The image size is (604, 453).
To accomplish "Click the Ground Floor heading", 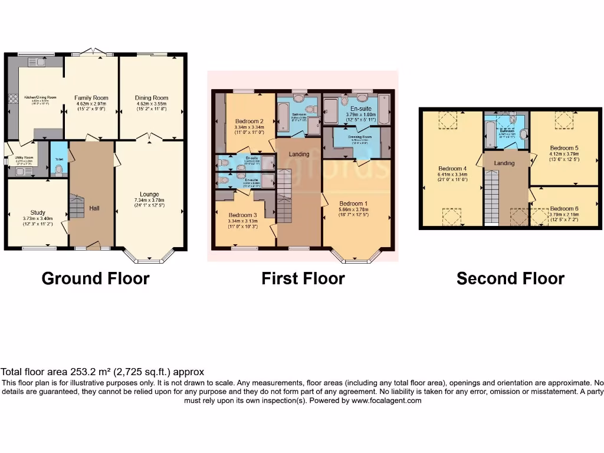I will click(x=96, y=278).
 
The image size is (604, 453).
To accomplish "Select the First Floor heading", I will click(x=303, y=278).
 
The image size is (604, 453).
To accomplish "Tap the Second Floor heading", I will click(x=510, y=278).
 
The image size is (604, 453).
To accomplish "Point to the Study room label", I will click(x=38, y=213).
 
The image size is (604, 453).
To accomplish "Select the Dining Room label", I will click(x=152, y=98).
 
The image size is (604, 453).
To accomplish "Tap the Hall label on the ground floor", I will click(x=94, y=208).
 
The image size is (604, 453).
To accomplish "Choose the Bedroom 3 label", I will click(x=242, y=215).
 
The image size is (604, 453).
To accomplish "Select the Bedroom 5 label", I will click(x=564, y=148).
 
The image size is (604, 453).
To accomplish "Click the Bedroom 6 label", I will click(x=564, y=209).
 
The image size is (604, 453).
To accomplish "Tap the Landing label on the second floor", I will click(x=504, y=163).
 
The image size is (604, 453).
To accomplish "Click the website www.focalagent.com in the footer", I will click(x=386, y=401).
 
